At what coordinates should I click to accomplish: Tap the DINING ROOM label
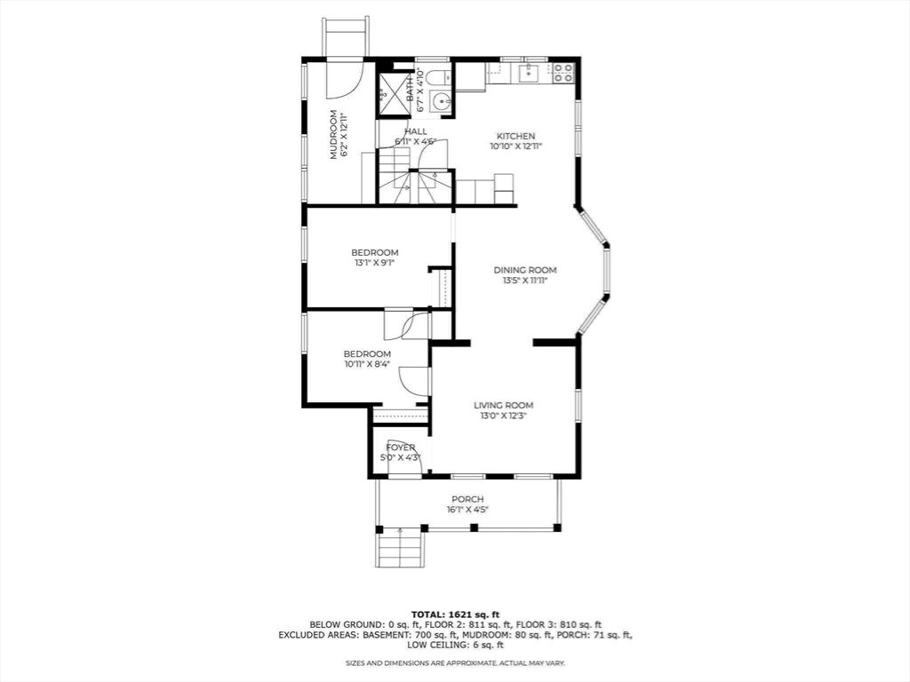[x=525, y=270]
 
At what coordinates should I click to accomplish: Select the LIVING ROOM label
[x=503, y=406]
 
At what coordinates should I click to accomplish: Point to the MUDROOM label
[x=333, y=135]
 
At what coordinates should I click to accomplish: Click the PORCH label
[x=467, y=499]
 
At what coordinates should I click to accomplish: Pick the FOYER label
[x=401, y=448]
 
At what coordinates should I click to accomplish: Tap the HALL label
[x=416, y=131]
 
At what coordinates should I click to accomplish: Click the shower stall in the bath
[x=393, y=93]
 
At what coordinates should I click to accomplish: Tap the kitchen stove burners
[x=562, y=71]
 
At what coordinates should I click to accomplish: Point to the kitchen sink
[x=530, y=72]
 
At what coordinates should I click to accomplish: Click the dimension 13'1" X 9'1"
[x=375, y=263]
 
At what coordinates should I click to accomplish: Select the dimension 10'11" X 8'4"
[x=367, y=364]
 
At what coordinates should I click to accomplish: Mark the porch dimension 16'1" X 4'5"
[x=467, y=510]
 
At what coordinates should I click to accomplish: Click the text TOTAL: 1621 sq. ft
[x=456, y=615]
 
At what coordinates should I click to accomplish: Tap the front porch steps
[x=399, y=549]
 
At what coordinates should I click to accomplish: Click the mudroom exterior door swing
[x=344, y=79]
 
